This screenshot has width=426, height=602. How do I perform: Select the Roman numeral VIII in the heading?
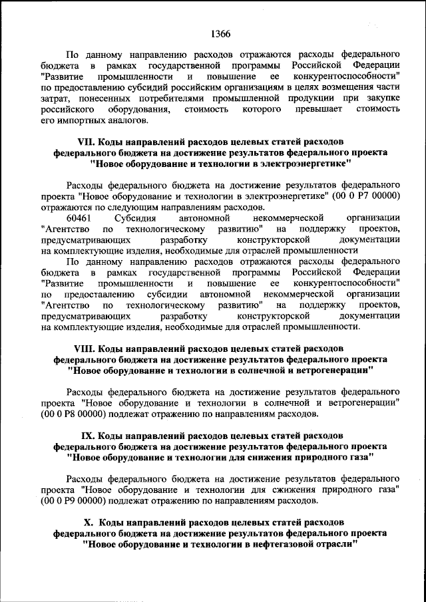pos(85,348)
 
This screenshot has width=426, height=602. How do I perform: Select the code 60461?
pos(79,218)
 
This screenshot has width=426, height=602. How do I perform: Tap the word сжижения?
pos(281,490)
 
